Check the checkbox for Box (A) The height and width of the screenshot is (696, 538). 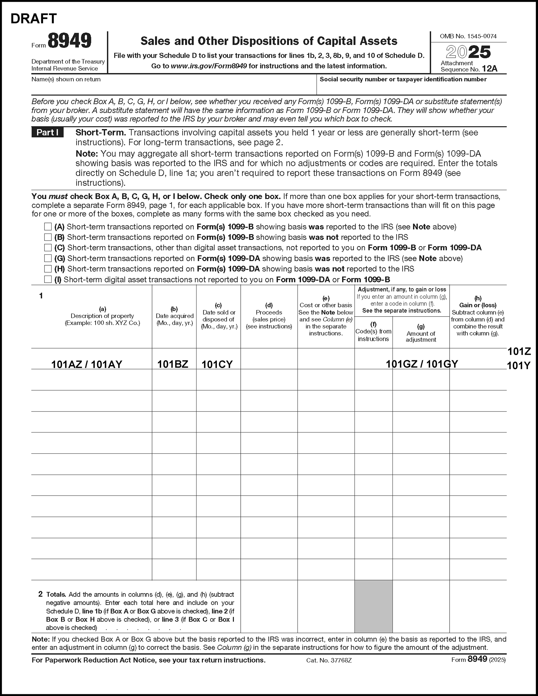click(x=48, y=227)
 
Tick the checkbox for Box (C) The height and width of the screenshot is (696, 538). click(x=48, y=248)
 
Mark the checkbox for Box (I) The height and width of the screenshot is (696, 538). click(x=48, y=279)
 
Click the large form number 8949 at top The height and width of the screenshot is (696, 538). click(x=70, y=41)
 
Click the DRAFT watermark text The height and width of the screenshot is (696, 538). click(x=34, y=19)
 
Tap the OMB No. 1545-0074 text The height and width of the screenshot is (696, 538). click(x=468, y=36)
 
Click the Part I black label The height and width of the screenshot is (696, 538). click(x=47, y=132)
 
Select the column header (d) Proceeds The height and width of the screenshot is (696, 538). click(x=269, y=316)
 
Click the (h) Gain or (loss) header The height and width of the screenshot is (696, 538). click(x=478, y=316)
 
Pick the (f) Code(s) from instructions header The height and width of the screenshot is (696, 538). click(x=373, y=332)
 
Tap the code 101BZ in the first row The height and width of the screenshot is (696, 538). click(x=173, y=364)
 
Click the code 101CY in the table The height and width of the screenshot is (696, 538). click(x=217, y=364)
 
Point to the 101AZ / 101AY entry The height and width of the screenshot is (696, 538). click(x=87, y=364)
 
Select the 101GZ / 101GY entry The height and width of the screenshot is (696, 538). click(x=422, y=364)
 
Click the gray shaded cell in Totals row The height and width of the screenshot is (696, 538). click(x=373, y=606)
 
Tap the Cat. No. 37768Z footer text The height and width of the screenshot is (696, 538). click(x=329, y=660)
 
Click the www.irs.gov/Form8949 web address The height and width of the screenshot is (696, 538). click(x=209, y=66)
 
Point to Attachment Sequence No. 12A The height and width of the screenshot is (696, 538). click(x=469, y=66)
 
